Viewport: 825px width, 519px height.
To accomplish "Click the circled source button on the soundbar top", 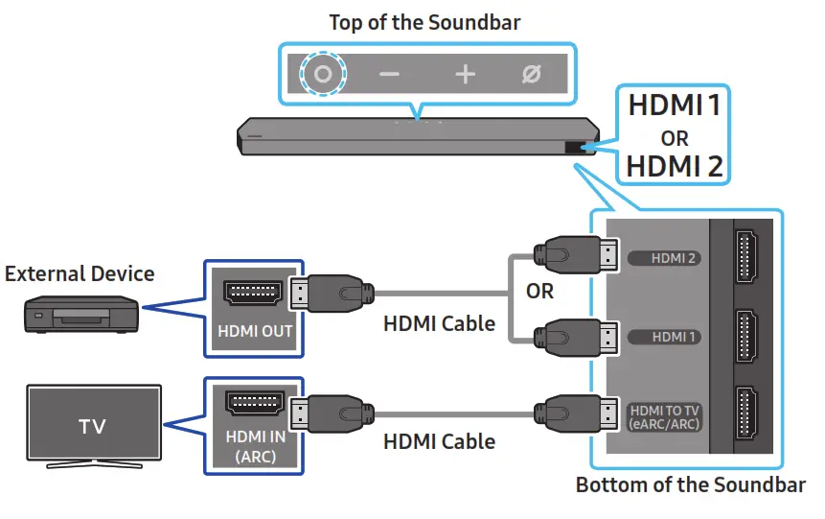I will click(323, 74).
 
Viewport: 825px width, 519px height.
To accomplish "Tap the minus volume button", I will click(390, 75).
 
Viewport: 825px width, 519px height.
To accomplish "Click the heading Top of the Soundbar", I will click(424, 22).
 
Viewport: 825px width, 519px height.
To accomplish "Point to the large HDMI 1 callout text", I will click(674, 105).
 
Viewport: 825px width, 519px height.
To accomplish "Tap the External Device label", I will click(80, 273).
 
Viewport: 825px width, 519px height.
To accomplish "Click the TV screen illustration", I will click(93, 426).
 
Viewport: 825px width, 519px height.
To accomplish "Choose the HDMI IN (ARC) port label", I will click(254, 446).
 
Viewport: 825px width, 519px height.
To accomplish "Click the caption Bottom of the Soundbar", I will click(690, 484).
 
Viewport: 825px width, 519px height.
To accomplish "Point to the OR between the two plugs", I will click(539, 291).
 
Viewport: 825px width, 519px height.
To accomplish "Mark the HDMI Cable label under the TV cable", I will click(439, 441).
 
